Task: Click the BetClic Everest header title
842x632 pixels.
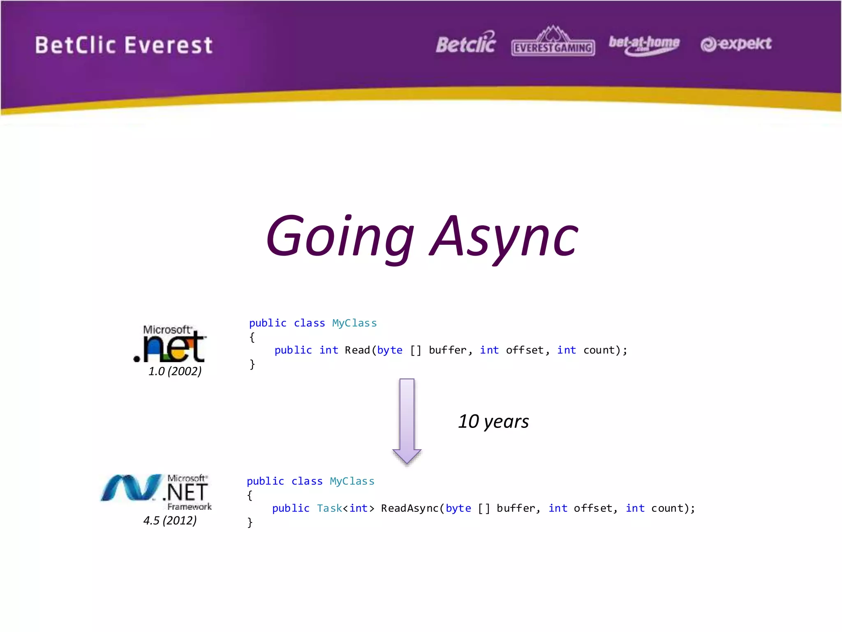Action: click(123, 45)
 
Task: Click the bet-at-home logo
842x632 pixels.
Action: click(644, 44)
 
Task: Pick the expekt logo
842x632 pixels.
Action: click(736, 44)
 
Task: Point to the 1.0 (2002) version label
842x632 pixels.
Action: click(175, 371)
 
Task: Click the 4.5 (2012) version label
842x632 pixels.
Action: click(170, 520)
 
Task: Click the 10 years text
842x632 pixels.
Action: click(493, 421)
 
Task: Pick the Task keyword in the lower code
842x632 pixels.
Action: click(329, 508)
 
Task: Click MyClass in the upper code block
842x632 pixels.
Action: click(354, 323)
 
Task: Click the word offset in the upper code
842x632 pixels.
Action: click(525, 350)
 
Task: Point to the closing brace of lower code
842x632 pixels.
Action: click(250, 522)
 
